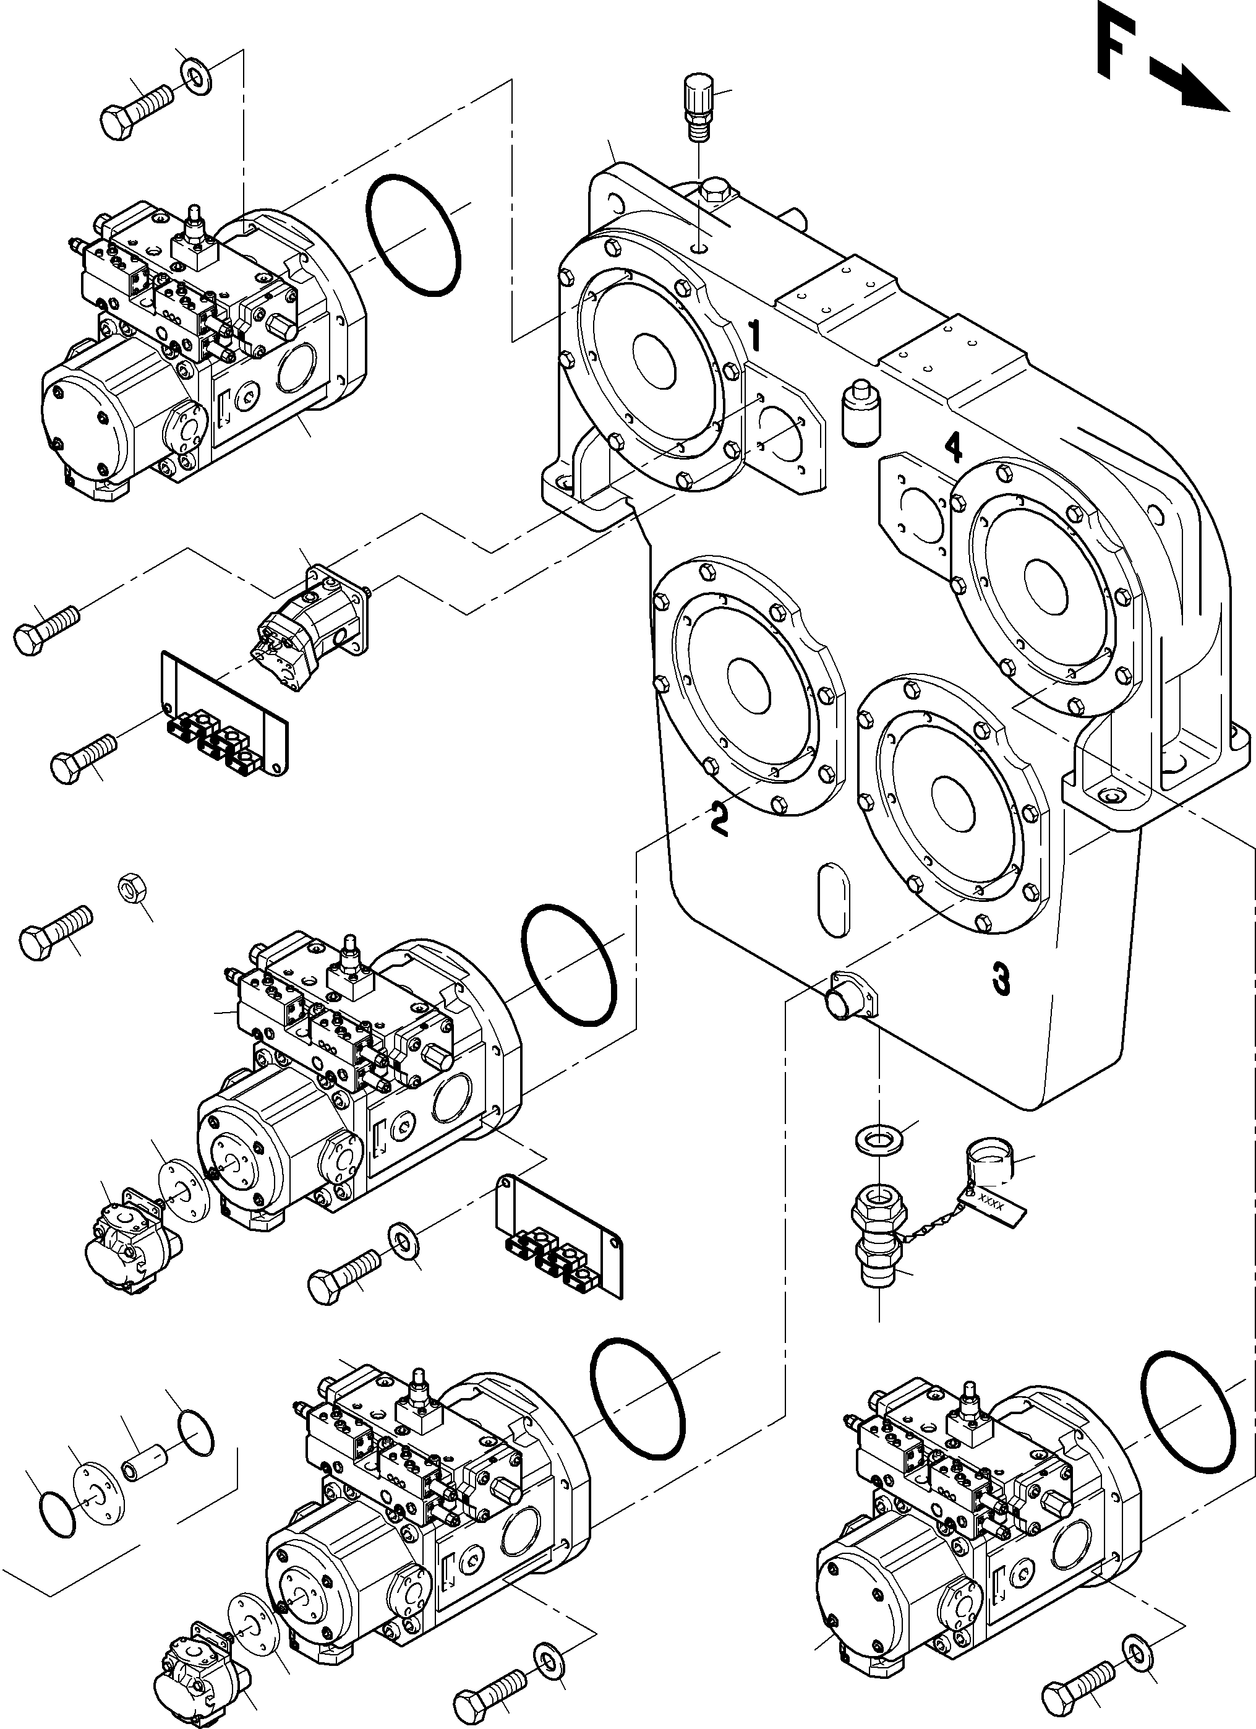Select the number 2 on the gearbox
tap(719, 818)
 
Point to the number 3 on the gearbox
tap(1001, 979)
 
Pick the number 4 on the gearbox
tap(953, 447)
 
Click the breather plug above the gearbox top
tap(698, 106)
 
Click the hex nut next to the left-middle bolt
tap(134, 888)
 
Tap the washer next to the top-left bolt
tap(197, 75)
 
